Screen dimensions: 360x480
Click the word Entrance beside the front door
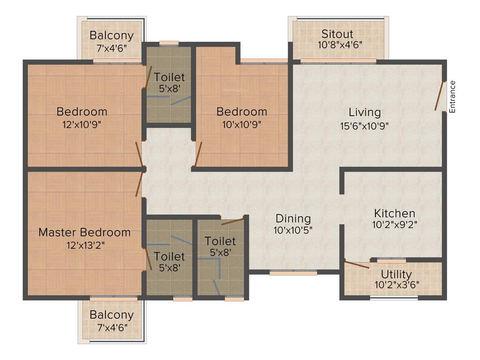tap(452, 97)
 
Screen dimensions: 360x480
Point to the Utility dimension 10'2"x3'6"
tap(397, 284)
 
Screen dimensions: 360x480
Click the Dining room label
tap(293, 218)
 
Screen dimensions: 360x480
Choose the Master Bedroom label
tap(84, 232)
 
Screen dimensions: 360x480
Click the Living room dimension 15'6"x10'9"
tap(365, 126)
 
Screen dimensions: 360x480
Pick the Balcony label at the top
tap(112, 35)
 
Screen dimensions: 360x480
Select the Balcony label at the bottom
tap(112, 315)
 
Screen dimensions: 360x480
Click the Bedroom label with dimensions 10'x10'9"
tap(241, 112)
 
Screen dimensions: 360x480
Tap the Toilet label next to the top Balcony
tap(169, 77)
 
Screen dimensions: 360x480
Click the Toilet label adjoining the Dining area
tap(220, 241)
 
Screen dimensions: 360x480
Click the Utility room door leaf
tap(356, 264)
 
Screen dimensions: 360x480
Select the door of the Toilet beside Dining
tap(232, 221)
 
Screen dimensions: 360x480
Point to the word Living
tap(365, 112)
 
